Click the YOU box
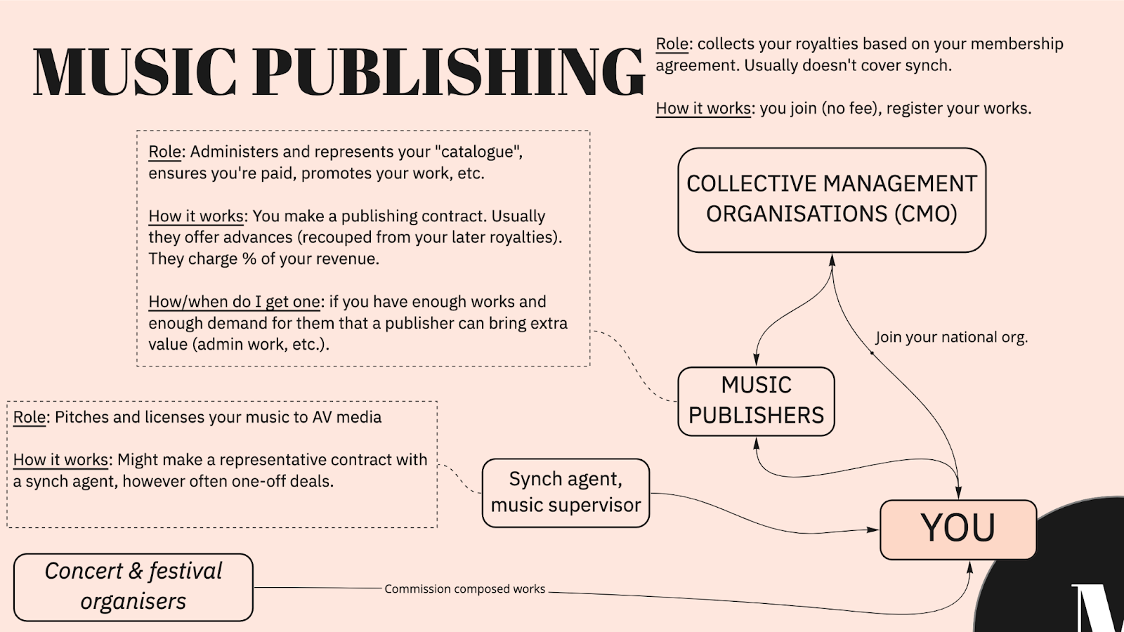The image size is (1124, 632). pyautogui.click(x=958, y=529)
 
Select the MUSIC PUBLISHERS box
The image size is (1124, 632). pyautogui.click(x=756, y=401)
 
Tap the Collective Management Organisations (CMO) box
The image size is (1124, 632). pyautogui.click(x=832, y=199)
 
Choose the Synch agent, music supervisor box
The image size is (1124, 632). pyautogui.click(x=566, y=492)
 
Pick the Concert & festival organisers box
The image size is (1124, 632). pyautogui.click(x=133, y=587)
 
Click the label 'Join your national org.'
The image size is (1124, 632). pyautogui.click(x=951, y=338)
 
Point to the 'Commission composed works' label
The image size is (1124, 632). pyautogui.click(x=464, y=589)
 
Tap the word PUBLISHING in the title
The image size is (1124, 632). pyautogui.click(x=448, y=72)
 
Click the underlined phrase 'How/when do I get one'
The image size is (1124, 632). pyautogui.click(x=234, y=302)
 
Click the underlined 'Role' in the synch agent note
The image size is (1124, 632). pyautogui.click(x=30, y=417)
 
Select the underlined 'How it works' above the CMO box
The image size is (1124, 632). pyautogui.click(x=703, y=109)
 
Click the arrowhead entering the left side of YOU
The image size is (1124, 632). pyautogui.click(x=873, y=530)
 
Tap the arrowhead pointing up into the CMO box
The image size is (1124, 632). pyautogui.click(x=832, y=259)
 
